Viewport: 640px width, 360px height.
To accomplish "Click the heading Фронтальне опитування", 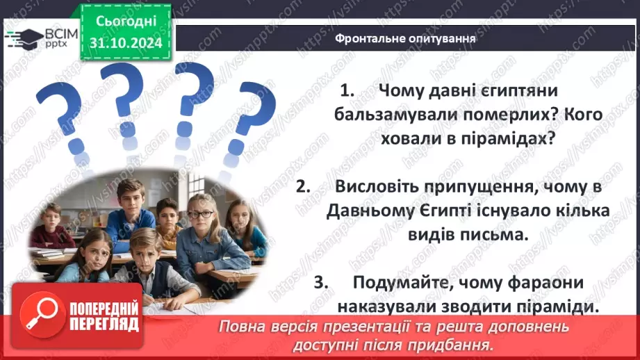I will [x=405, y=39].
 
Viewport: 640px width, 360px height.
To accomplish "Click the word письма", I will [x=492, y=234].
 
